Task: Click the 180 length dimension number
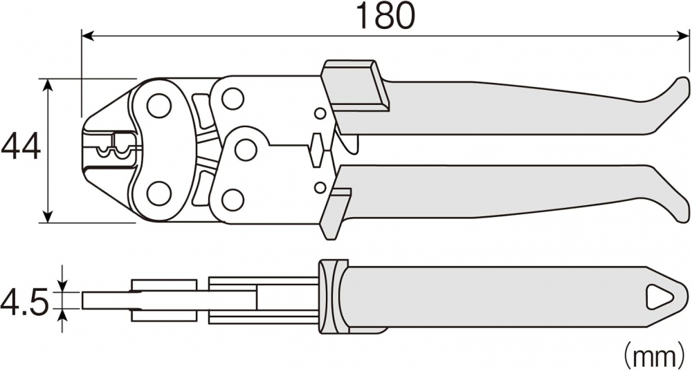pyautogui.click(x=385, y=16)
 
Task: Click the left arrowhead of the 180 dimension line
pyautogui.click(x=87, y=36)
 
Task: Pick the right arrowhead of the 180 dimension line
pyautogui.click(x=683, y=36)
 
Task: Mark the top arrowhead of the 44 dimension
pyautogui.click(x=48, y=85)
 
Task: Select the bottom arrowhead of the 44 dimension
pyautogui.click(x=48, y=217)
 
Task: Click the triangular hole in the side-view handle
pyautogui.click(x=660, y=296)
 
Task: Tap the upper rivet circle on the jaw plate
pyautogui.click(x=159, y=106)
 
